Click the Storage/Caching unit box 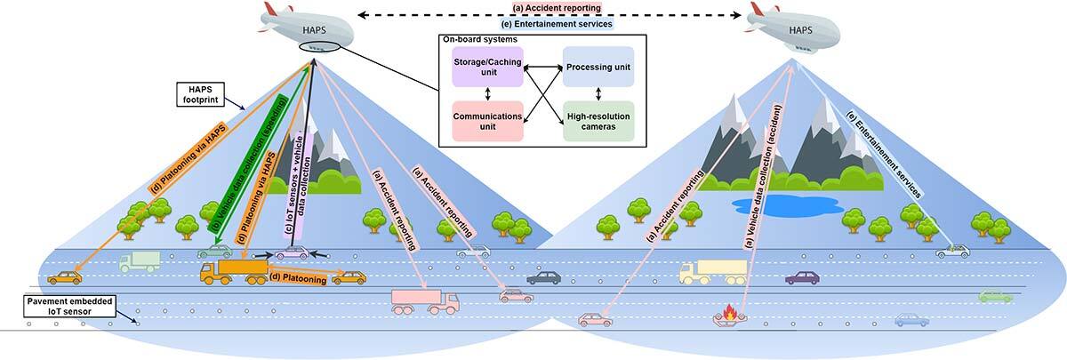487,68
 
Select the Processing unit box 597,68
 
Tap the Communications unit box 487,121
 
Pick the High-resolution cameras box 597,121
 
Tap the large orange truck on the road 234,270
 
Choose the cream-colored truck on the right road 712,271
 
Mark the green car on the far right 995,296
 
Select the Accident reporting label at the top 558,8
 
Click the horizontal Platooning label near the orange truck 301,279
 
